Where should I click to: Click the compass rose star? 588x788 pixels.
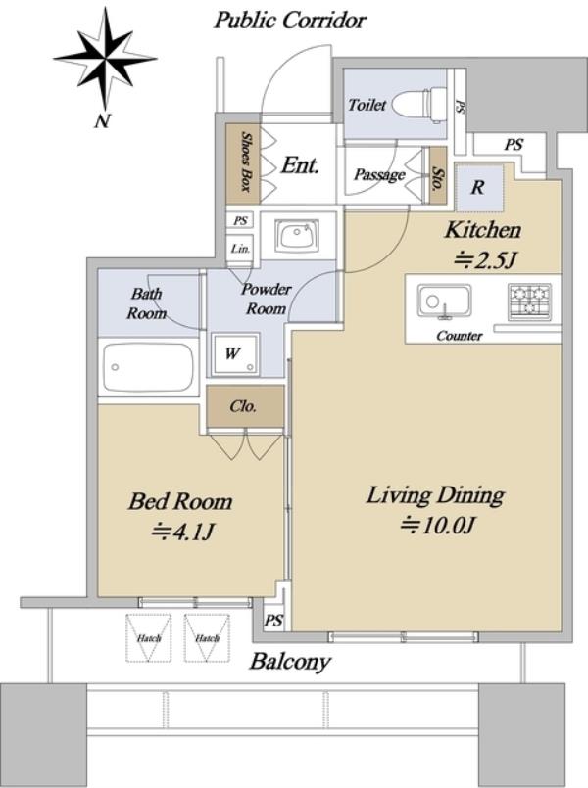click(x=105, y=60)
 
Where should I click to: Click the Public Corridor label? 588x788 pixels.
click(x=290, y=21)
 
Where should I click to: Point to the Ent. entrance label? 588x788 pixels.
click(x=300, y=165)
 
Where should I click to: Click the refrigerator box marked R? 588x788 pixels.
click(x=479, y=187)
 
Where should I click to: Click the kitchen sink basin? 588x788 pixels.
click(x=444, y=301)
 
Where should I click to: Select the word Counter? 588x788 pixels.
click(x=460, y=335)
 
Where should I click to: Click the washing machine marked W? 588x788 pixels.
click(x=235, y=353)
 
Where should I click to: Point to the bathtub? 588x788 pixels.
click(x=148, y=367)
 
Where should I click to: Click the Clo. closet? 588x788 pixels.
click(x=245, y=406)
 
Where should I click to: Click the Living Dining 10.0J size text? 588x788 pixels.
click(x=438, y=525)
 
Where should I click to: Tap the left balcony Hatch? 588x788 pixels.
click(x=148, y=637)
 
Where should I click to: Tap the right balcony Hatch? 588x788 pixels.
click(x=207, y=637)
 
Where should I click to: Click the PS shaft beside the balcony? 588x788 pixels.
click(x=273, y=621)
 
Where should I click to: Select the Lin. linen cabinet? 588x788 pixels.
click(x=241, y=249)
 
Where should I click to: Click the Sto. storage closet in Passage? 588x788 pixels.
click(x=438, y=175)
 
